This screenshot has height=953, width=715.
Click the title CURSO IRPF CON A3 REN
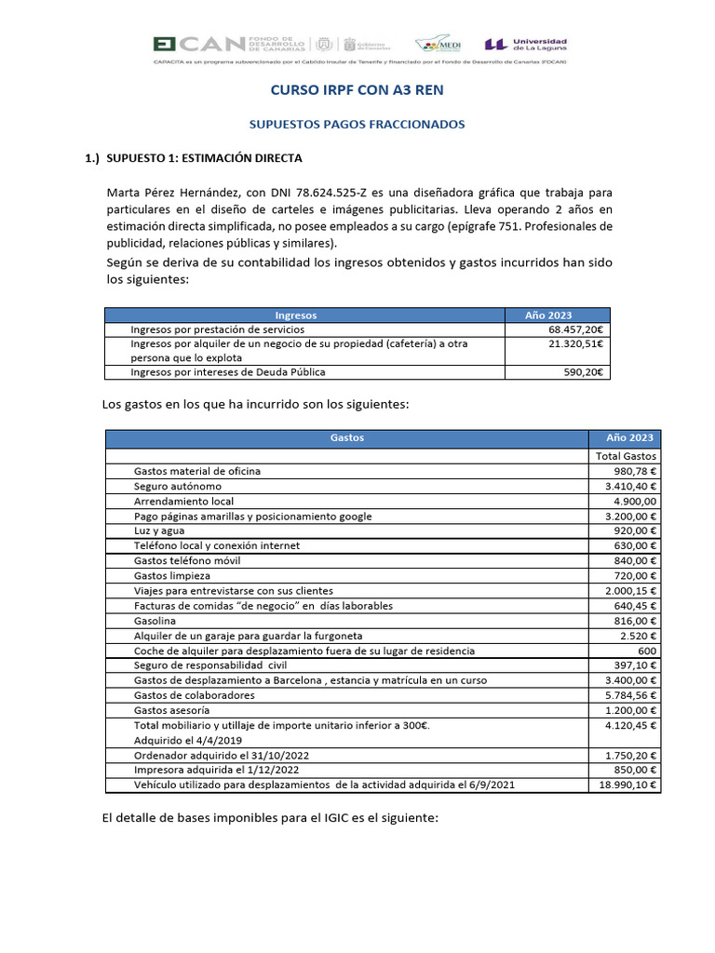pyautogui.click(x=357, y=90)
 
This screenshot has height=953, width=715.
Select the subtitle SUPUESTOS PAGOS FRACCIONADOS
pyautogui.click(x=357, y=124)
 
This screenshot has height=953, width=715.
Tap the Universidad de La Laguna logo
pyautogui.click(x=526, y=45)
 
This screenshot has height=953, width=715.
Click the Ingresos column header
pyautogui.click(x=303, y=315)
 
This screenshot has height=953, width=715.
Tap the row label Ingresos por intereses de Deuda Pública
pyautogui.click(x=228, y=372)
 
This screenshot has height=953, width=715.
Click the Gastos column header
pyautogui.click(x=346, y=437)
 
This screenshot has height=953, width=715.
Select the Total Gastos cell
pyautogui.click(x=626, y=456)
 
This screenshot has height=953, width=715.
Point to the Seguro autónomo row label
pyautogui.click(x=178, y=486)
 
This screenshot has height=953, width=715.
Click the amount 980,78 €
pyautogui.click(x=632, y=471)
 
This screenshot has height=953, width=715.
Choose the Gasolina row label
pyautogui.click(x=155, y=620)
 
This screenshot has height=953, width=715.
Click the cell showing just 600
pyautogui.click(x=647, y=651)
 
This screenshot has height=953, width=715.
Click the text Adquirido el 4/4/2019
pyautogui.click(x=188, y=740)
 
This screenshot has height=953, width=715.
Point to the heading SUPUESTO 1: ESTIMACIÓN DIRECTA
pyautogui.click(x=204, y=158)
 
